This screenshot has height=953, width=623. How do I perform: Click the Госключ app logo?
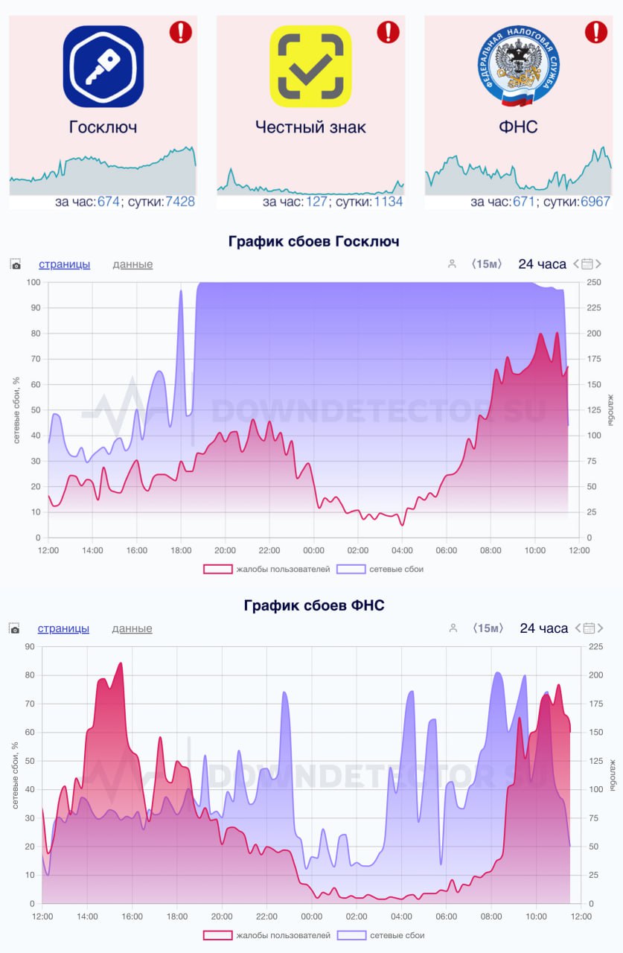coord(103,66)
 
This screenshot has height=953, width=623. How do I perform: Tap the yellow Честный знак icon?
coord(310,66)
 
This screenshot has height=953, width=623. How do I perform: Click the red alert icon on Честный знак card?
coord(388,32)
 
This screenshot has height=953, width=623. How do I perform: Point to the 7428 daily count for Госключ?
coord(179,202)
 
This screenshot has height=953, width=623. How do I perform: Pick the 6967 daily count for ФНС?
coord(595,202)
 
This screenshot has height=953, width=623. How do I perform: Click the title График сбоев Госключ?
coord(313,241)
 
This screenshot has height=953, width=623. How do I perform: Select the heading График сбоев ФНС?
coord(313,605)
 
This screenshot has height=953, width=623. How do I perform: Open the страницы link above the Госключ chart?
coord(64,264)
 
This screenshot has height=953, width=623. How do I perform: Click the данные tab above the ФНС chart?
coord(132,628)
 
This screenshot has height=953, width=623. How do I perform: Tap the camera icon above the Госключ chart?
coord(16,264)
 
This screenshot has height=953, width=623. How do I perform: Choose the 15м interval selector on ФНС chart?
coord(488,628)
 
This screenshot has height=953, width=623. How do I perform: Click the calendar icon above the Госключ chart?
coord(587,264)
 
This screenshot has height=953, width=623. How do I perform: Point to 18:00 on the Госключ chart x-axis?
coord(181,551)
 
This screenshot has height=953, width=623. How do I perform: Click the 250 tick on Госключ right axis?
coord(594,282)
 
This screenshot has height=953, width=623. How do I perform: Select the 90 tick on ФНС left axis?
coord(30,647)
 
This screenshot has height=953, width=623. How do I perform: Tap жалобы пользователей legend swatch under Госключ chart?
coord(217,570)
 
